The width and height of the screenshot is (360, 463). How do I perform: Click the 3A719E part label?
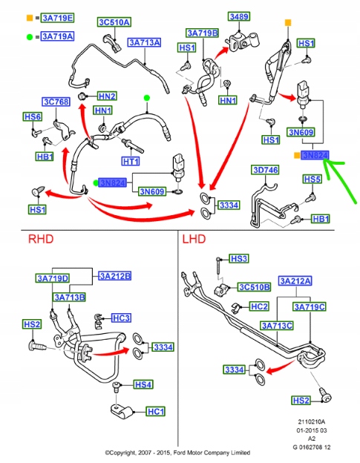pyautogui.click(x=57, y=18)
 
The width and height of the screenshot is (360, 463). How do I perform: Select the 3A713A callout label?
pyautogui.click(x=145, y=42)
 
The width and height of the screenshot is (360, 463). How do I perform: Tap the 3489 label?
pyautogui.click(x=239, y=16)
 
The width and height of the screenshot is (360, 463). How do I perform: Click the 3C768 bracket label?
pyautogui.click(x=56, y=102)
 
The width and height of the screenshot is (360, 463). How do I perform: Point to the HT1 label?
pyautogui.click(x=131, y=161)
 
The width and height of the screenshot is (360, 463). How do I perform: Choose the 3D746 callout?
pyautogui.click(x=265, y=170)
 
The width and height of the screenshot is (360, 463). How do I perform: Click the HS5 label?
pyautogui.click(x=312, y=179)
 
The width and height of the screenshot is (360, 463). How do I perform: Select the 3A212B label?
pyautogui.click(x=114, y=276)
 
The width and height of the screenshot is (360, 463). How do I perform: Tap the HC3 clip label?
pyautogui.click(x=122, y=318)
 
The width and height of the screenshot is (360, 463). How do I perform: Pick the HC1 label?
pyautogui.click(x=155, y=411)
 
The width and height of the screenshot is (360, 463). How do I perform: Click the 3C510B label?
pyautogui.click(x=254, y=287)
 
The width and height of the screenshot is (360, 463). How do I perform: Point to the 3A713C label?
pyautogui.click(x=277, y=326)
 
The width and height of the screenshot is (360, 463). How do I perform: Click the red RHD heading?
pyautogui.click(x=41, y=239)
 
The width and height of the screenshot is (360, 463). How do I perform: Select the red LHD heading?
pyautogui.click(x=194, y=239)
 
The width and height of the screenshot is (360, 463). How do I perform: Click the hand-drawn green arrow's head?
pyautogui.click(x=325, y=161)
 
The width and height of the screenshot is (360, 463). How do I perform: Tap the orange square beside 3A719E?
pyautogui.click(x=30, y=18)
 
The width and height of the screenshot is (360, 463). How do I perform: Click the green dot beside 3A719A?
pyautogui.click(x=30, y=37)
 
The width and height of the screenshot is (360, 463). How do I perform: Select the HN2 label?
pyautogui.click(x=107, y=96)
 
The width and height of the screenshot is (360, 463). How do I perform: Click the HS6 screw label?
pyautogui.click(x=33, y=116)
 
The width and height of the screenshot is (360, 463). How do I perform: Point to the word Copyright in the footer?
pyautogui.click(x=120, y=453)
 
